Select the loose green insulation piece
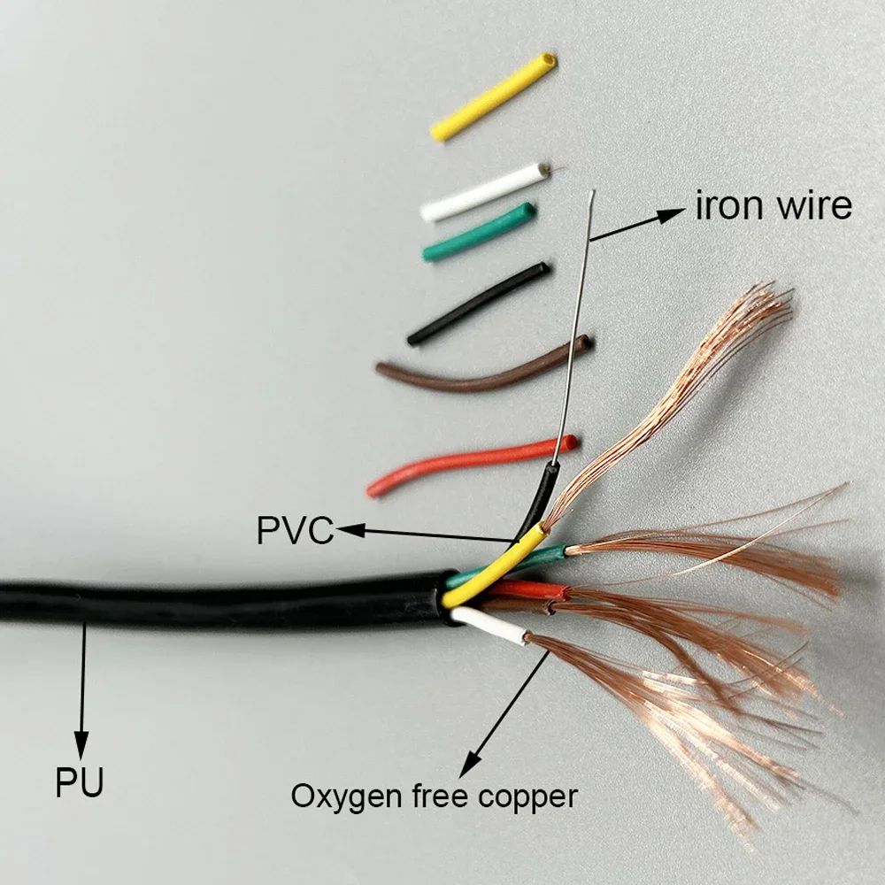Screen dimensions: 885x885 (x=479, y=233)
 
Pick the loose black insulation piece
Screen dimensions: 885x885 (x=478, y=304)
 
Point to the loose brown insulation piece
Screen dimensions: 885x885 (x=482, y=369)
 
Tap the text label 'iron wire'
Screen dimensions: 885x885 (x=773, y=206)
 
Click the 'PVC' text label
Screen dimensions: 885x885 (x=295, y=531)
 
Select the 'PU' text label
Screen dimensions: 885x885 (x=80, y=783)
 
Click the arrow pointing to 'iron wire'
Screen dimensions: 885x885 (x=637, y=225)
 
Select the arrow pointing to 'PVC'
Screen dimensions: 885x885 (x=425, y=535)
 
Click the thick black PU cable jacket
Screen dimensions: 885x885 (x=221, y=602)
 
